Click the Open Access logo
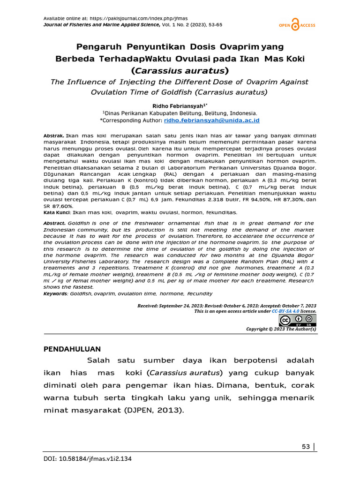click(x=297, y=25)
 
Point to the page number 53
click(x=306, y=446)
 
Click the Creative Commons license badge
click(x=297, y=321)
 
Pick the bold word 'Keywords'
click(x=55, y=294)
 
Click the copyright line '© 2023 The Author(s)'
click(x=281, y=329)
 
